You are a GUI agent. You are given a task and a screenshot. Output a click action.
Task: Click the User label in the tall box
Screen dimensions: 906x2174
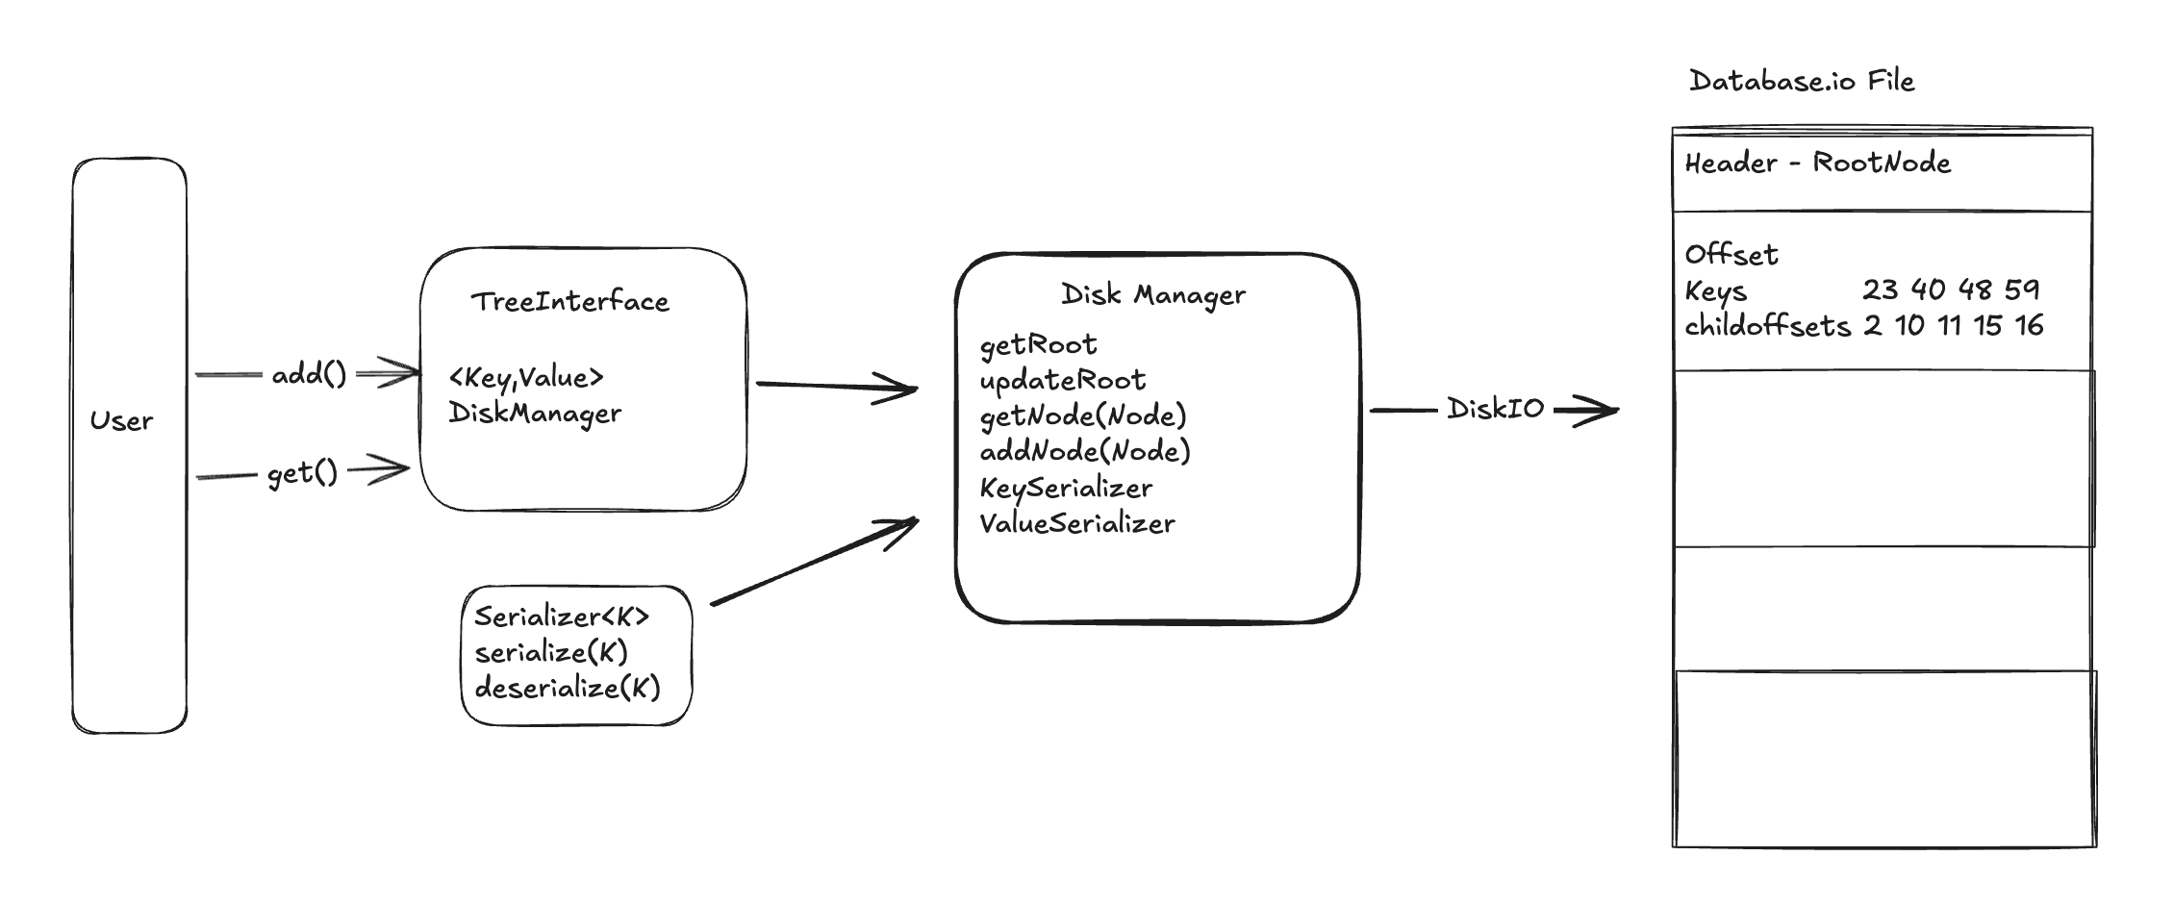(121, 421)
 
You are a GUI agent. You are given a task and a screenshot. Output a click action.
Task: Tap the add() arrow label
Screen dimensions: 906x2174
(309, 374)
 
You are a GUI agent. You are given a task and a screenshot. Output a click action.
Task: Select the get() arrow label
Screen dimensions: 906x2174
(302, 473)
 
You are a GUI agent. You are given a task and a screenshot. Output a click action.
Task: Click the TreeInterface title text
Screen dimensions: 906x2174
(569, 302)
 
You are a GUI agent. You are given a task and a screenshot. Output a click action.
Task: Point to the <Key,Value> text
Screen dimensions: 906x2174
(526, 378)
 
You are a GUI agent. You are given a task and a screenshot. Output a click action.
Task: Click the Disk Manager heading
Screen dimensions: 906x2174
(1152, 295)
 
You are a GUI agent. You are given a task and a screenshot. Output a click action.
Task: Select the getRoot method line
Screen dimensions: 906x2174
(1038, 345)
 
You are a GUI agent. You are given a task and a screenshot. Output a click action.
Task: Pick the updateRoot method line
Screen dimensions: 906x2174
(1062, 381)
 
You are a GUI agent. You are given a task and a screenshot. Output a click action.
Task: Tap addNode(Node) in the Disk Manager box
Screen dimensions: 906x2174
(1084, 451)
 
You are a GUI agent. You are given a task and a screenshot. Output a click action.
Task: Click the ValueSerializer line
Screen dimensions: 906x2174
(1076, 524)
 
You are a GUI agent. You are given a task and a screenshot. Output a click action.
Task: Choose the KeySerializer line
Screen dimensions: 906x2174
(1065, 489)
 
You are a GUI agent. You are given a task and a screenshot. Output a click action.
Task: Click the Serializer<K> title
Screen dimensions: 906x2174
(562, 617)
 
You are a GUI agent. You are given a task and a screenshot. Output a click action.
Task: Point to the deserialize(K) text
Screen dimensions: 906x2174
(568, 689)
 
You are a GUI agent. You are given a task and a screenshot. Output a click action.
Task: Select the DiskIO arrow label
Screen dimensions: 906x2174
(1495, 409)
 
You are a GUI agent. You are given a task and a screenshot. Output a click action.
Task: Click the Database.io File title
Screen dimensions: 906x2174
(1801, 81)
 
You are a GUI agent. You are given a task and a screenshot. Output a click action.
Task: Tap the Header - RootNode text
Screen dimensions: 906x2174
(1817, 163)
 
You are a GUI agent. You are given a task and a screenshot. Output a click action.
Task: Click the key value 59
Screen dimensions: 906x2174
(2022, 289)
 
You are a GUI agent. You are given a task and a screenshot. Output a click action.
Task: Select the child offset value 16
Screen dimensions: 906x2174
(2029, 326)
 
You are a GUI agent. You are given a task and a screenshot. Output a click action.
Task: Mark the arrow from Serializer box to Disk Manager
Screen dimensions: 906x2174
(814, 563)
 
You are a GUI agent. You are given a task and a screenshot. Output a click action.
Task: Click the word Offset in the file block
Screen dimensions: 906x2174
(1731, 255)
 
